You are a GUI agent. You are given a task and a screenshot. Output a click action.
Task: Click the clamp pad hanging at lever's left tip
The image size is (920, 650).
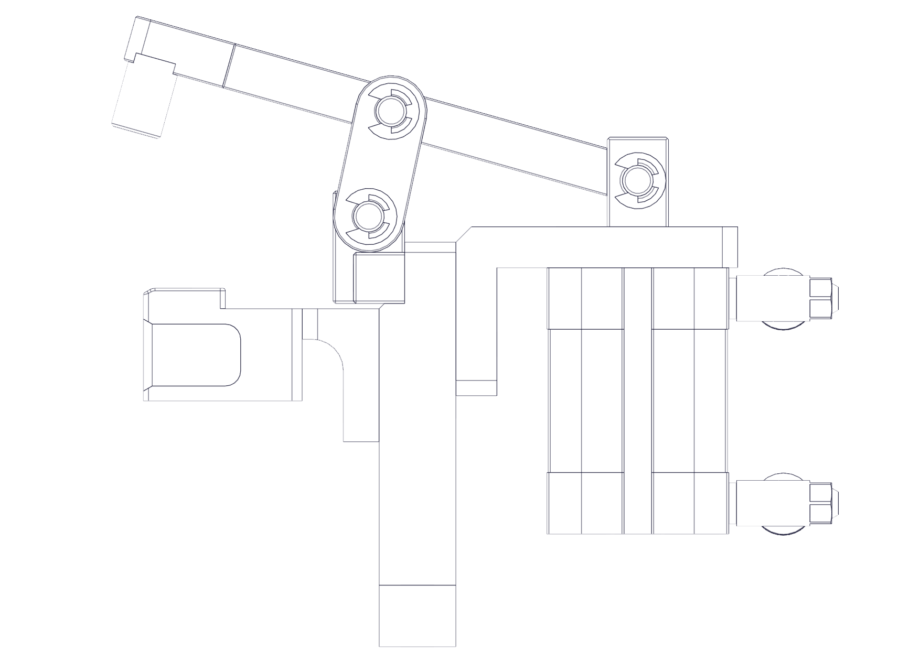[x=143, y=100]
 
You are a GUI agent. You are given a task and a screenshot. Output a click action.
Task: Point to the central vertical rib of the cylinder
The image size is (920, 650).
[x=638, y=401]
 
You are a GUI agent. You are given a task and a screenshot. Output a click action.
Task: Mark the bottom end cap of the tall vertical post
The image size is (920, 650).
[x=418, y=615]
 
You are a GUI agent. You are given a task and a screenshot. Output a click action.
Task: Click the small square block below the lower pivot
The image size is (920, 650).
[x=379, y=278]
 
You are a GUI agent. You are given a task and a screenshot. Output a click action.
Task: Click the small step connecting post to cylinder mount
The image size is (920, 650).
[x=476, y=387]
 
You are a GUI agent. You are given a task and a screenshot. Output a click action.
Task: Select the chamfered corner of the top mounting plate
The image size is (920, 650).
[x=464, y=234]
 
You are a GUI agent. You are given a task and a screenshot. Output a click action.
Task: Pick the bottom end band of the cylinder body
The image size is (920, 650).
[x=638, y=504]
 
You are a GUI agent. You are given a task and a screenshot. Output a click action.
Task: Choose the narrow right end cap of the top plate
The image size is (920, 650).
[x=730, y=247]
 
